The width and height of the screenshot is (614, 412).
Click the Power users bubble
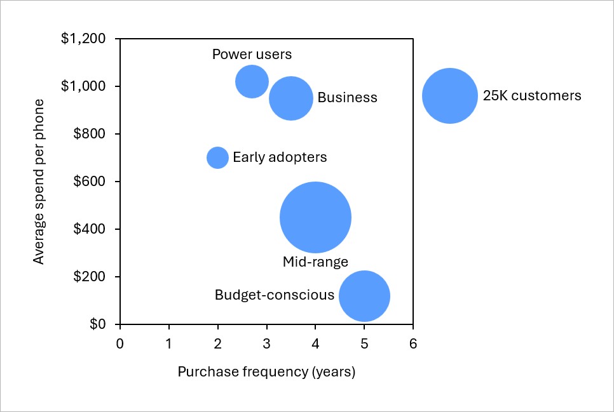[x=252, y=81]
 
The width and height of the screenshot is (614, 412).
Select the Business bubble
[x=291, y=98]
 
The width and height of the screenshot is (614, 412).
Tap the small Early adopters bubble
[x=217, y=157]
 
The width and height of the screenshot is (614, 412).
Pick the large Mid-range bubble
[x=315, y=217]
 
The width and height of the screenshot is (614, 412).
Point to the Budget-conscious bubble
[x=364, y=296]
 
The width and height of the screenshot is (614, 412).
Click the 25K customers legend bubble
[x=450, y=96]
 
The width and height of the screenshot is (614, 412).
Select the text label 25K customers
[x=532, y=96]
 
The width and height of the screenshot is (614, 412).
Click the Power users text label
[x=252, y=54]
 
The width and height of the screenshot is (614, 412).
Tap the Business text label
[x=347, y=98]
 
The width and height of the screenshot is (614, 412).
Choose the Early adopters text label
[x=280, y=157]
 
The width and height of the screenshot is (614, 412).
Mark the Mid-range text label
[x=315, y=262]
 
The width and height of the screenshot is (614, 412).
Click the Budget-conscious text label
[x=274, y=295]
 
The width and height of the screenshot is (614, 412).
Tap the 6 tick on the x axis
[x=413, y=344]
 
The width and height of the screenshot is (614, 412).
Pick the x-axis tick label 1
[x=169, y=344]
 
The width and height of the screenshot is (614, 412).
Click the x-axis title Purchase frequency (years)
[x=266, y=372]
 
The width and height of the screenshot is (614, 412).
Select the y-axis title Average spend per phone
[x=39, y=182]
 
